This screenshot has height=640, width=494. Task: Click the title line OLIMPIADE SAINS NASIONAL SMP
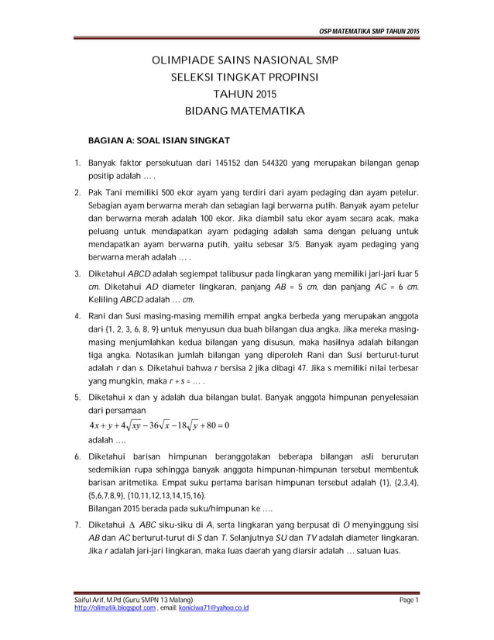pyautogui.click(x=245, y=60)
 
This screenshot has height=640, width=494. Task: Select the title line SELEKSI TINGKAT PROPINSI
pyautogui.click(x=245, y=77)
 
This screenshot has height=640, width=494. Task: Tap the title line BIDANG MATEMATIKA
pyautogui.click(x=245, y=112)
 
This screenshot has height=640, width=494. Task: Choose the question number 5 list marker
pyautogui.click(x=77, y=398)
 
